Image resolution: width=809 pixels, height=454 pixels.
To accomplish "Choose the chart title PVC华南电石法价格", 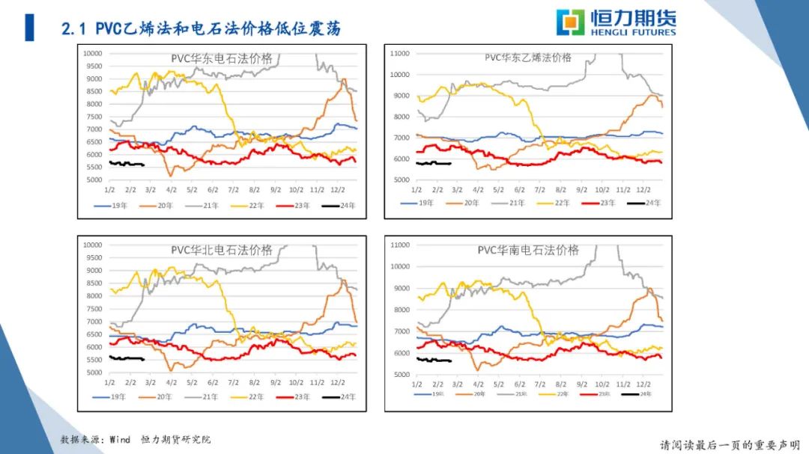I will [x=528, y=250].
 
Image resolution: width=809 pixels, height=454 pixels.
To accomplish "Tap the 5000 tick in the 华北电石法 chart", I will [x=94, y=372].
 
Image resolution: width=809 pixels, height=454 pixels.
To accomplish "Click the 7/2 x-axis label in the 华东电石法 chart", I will [x=234, y=191].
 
